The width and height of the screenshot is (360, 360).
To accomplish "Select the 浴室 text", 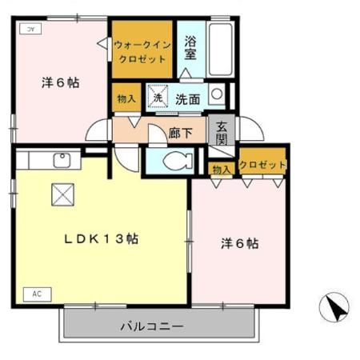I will pos(191,47).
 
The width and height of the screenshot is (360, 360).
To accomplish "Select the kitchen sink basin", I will pos(62,161).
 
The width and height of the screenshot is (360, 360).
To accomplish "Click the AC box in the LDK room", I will pos(37,294).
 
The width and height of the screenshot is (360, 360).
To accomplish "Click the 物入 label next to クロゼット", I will pos(222,168).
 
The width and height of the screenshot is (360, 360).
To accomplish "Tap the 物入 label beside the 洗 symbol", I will pos(126,99).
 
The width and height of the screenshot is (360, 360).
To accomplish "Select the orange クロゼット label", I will pos(263,166).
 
